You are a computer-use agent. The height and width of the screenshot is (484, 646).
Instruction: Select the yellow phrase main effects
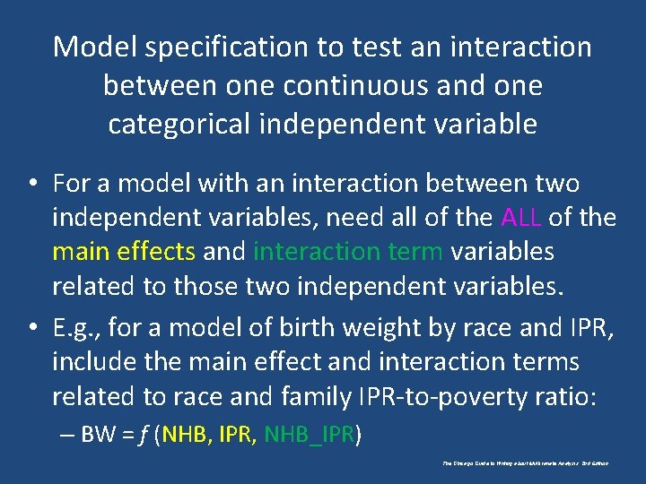[x=124, y=251]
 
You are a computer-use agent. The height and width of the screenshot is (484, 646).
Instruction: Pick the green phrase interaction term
[x=348, y=251]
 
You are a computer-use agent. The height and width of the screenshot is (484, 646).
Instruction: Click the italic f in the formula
[x=142, y=436]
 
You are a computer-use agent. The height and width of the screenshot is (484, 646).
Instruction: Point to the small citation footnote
[x=525, y=463]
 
